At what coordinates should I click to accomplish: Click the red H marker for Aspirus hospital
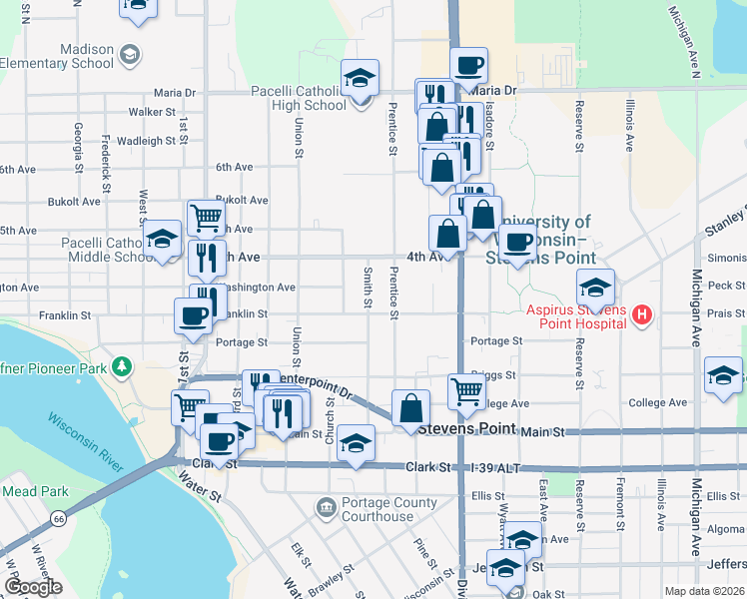(643, 316)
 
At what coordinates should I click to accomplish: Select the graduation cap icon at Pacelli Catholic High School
(361, 78)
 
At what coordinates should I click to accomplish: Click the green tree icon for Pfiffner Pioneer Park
(122, 367)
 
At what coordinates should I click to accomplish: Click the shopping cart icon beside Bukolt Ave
(206, 216)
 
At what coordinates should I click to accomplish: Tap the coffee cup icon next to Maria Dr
(468, 66)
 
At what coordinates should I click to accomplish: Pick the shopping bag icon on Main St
(410, 407)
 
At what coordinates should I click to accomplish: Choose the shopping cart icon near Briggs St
(466, 391)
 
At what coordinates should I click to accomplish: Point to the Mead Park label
(35, 491)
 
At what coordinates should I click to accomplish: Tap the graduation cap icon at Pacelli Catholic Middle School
(162, 240)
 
